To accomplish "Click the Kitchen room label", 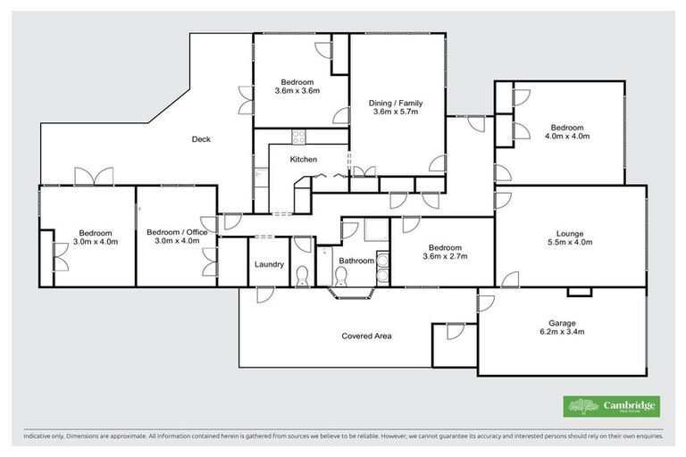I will click(x=303, y=160).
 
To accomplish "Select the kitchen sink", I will click(x=258, y=176).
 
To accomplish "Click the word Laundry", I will click(x=269, y=264).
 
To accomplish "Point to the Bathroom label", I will click(x=356, y=261).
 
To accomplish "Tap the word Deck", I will click(x=201, y=138).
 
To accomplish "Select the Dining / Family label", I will click(x=395, y=104).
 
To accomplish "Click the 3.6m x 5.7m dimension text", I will click(x=395, y=113).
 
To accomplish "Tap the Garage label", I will click(x=562, y=323).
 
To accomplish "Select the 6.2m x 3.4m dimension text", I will click(x=562, y=333).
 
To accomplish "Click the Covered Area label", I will click(x=367, y=337).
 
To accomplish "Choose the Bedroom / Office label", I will click(x=177, y=232).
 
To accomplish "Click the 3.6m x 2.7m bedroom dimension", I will click(x=444, y=257).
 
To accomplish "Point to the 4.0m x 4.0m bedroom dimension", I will click(x=566, y=137).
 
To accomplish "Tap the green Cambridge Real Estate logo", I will click(x=612, y=406).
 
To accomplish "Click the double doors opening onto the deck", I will click(x=94, y=177).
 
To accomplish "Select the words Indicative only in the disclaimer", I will click(x=44, y=437).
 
